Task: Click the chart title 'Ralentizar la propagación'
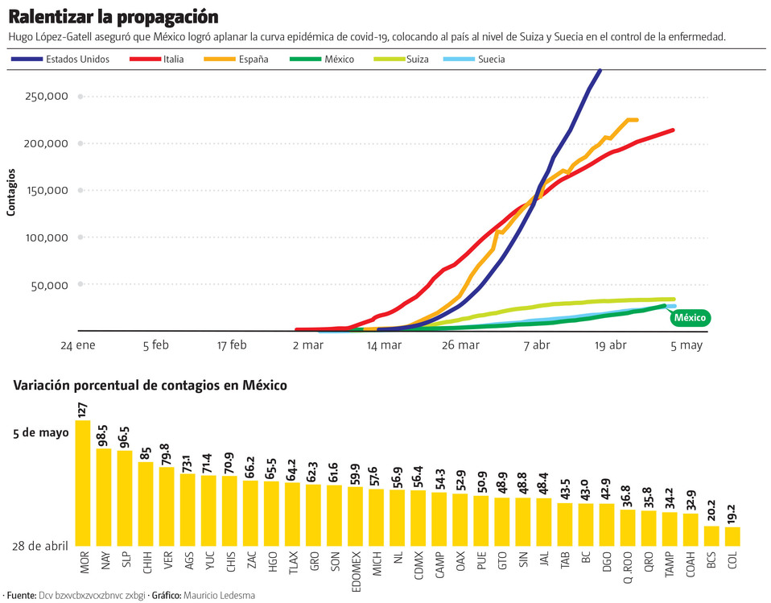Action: click(113, 17)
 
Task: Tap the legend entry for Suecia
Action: click(491, 60)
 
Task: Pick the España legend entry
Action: click(253, 60)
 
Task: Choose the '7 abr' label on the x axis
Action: click(537, 345)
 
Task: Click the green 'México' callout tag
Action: click(690, 318)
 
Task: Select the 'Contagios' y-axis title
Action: click(11, 192)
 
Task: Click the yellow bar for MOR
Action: click(82, 483)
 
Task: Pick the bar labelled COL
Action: click(732, 536)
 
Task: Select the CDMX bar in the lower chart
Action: click(418, 518)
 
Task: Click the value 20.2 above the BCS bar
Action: click(711, 510)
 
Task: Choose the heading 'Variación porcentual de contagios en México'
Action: click(150, 386)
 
